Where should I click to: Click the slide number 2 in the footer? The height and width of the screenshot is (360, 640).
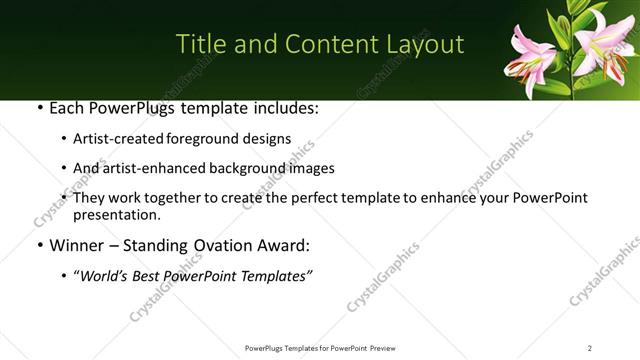590,348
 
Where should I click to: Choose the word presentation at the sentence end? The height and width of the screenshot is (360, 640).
114,214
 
